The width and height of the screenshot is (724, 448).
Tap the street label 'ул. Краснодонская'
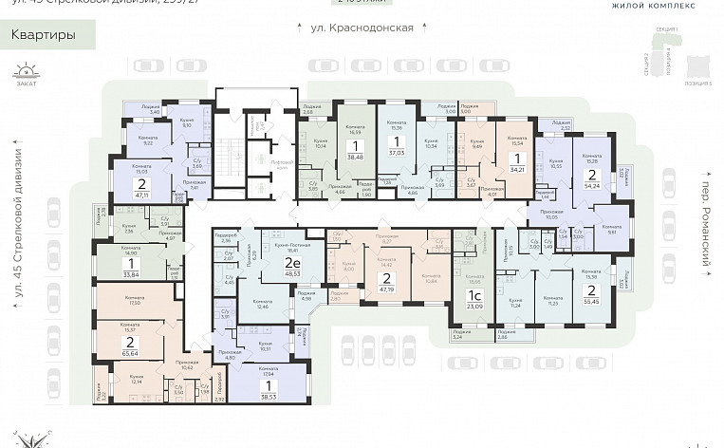[x=362, y=28]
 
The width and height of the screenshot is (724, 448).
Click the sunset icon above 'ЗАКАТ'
[x=28, y=70]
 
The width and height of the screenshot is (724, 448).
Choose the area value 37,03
[x=410, y=151]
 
